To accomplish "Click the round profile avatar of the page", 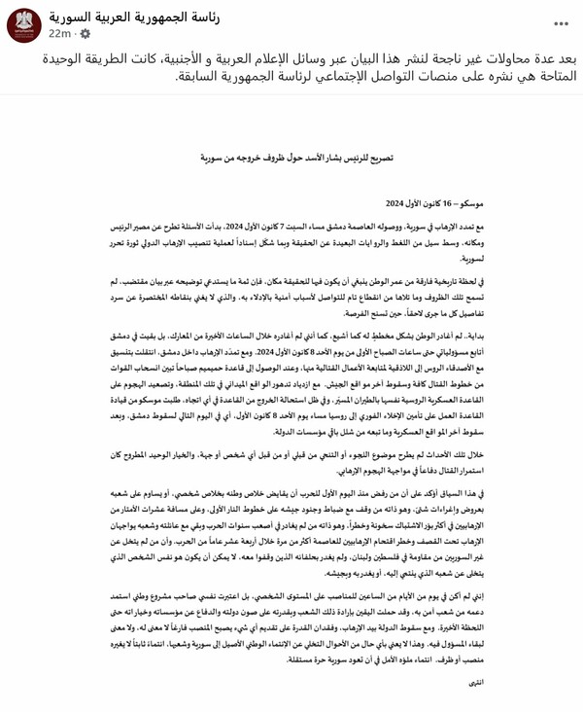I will point(20,23).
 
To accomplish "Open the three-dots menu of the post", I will point(561,22).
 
